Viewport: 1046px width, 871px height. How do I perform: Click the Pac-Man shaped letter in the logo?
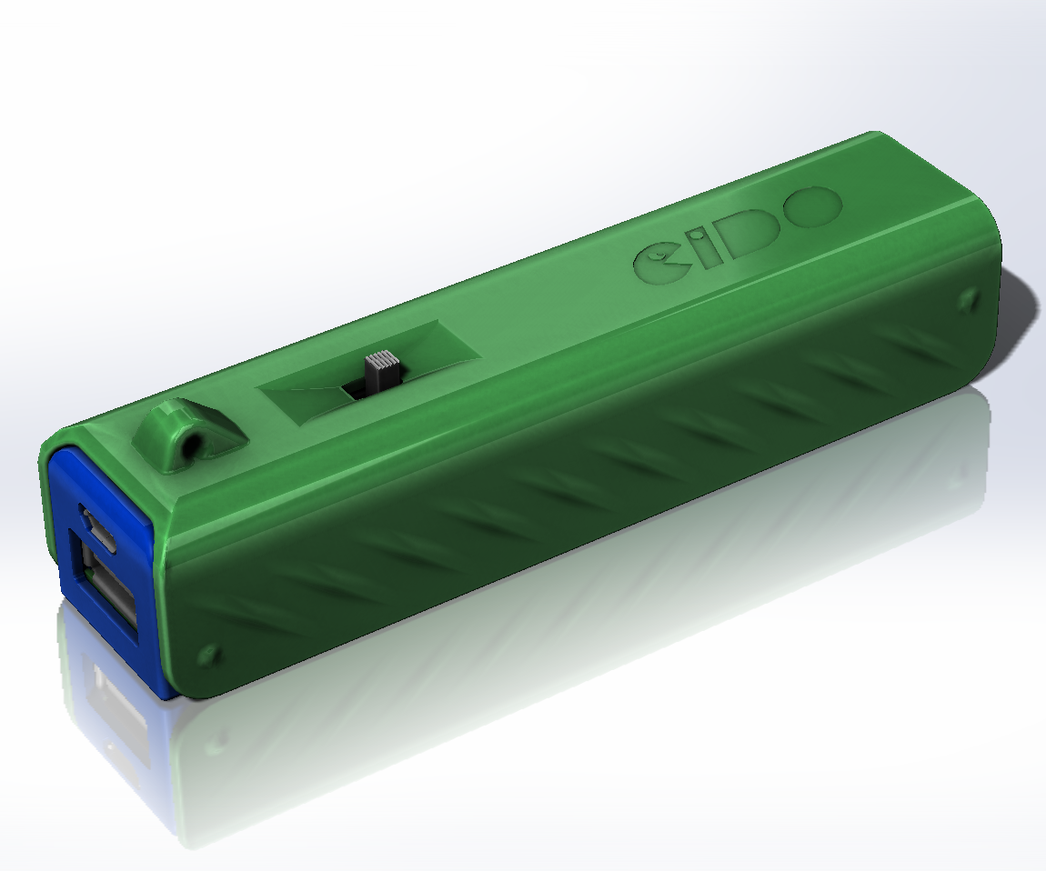tap(661, 263)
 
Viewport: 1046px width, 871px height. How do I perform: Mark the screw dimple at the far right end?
tap(968, 298)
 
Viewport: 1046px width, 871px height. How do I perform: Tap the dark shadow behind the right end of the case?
tap(1019, 309)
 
